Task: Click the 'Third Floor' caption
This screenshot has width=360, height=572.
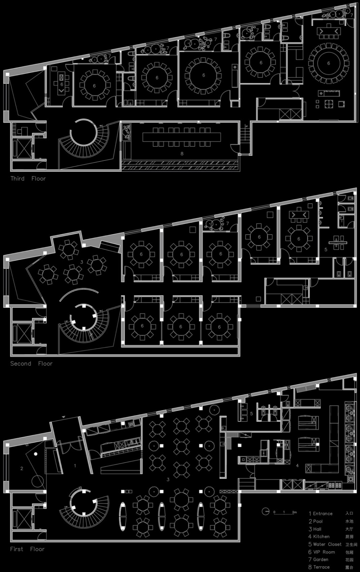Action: (x=28, y=178)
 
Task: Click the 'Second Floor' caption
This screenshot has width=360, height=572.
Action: (x=31, y=364)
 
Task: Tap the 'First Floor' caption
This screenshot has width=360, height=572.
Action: (x=27, y=549)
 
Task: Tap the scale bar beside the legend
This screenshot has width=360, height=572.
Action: (x=284, y=512)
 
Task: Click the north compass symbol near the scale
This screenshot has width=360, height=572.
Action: (x=266, y=511)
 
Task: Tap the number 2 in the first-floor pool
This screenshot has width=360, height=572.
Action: (x=22, y=468)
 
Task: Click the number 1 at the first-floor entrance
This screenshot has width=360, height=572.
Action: (x=75, y=466)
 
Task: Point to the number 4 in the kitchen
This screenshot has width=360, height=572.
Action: (x=297, y=466)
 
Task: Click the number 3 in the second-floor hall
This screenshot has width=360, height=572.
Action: (x=82, y=262)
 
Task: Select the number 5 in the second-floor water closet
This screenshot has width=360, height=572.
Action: (x=326, y=249)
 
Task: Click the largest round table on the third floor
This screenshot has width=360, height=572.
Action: (x=328, y=63)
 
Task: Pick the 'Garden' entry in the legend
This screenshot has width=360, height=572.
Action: (x=320, y=559)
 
